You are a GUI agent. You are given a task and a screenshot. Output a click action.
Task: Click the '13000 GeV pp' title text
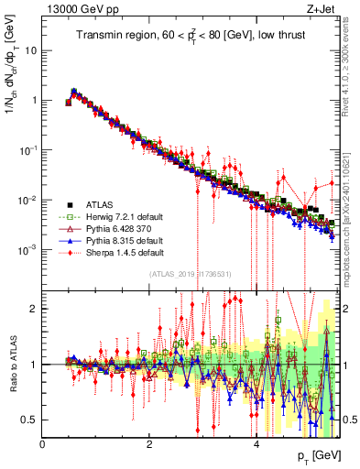(x=77, y=9)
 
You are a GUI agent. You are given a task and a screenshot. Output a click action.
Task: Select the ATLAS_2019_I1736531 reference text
(x=189, y=273)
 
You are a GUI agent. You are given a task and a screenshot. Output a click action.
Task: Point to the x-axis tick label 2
(x=149, y=442)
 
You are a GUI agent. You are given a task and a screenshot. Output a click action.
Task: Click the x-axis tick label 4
(x=256, y=442)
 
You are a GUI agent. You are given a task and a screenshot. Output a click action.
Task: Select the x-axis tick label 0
(x=43, y=442)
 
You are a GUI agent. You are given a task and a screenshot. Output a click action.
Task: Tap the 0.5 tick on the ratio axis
(x=29, y=420)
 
